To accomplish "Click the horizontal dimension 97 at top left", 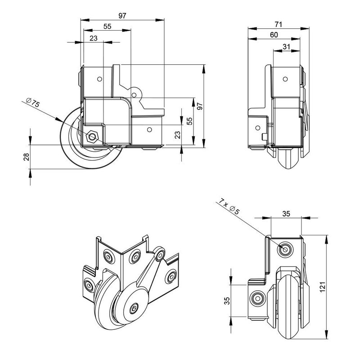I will [122, 15].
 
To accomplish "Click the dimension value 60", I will [274, 35].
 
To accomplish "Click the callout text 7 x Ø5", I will [233, 207].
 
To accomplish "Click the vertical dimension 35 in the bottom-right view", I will [228, 301].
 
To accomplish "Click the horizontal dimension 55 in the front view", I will [108, 27].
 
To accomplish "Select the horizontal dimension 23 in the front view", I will [93, 38].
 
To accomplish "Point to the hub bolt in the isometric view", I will [135, 308].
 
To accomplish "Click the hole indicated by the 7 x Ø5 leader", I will [285, 248].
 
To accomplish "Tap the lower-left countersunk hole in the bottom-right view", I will [258, 297].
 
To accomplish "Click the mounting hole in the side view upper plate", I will [285, 79].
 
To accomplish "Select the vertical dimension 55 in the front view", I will [190, 121].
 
